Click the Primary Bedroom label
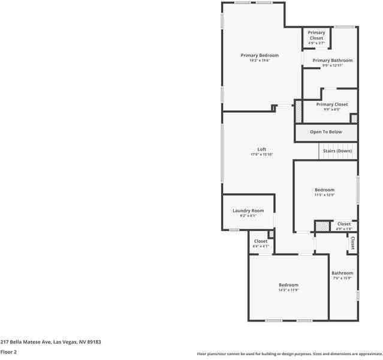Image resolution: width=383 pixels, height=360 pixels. coord(260,56)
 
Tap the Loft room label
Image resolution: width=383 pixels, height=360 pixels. coord(262,149)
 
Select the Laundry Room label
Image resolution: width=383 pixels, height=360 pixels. coord(248,211)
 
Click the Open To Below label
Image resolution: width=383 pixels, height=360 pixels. coord(326,132)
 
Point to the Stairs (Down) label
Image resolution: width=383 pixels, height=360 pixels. coord(337,151)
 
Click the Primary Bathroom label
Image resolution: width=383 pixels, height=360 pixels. coord(333,61)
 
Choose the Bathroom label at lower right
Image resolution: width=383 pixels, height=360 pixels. coord(343,273)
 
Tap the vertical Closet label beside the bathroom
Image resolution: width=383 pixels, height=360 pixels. coord(352,243)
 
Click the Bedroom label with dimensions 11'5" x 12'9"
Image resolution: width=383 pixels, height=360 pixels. coord(324,190)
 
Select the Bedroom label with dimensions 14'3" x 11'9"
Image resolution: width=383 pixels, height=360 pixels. coord(288,285)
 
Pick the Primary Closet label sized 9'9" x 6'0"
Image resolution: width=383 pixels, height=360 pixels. coord(332,104)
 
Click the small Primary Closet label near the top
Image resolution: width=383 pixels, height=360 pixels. coord(316,35)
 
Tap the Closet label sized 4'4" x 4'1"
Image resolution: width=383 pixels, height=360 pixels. coord(261,241)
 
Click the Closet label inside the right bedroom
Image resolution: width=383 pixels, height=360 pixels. coord(343,224)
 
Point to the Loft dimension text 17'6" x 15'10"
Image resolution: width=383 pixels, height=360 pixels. coord(262,155)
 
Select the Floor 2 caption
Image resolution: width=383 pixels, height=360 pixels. coord(8,352)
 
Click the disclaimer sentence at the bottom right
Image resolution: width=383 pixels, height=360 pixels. coord(289,354)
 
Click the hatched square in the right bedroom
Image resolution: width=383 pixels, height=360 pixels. coord(322,226)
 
